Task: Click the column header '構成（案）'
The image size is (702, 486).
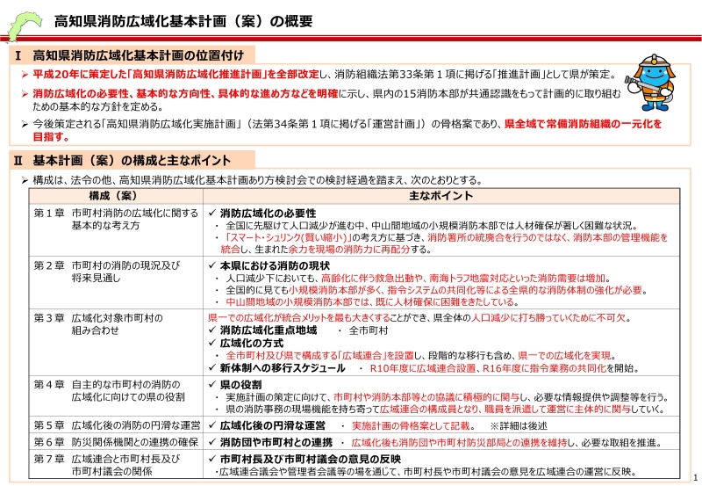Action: (115, 195)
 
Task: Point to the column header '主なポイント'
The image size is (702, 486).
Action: (440, 195)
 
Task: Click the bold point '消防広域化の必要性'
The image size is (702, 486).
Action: (268, 213)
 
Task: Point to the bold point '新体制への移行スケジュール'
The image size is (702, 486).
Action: (282, 367)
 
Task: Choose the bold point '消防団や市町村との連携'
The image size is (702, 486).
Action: (276, 441)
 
